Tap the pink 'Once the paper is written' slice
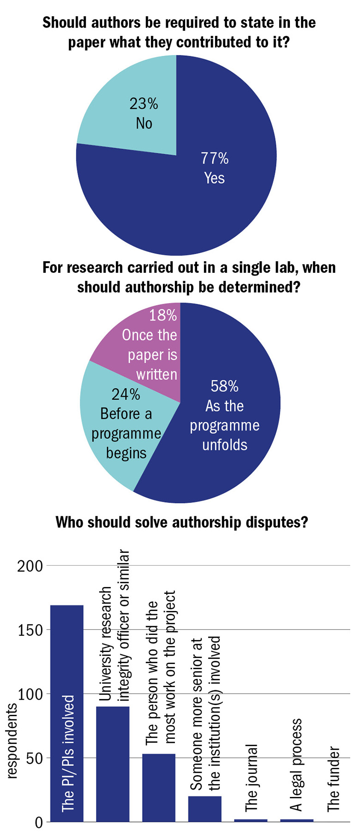pyautogui.click(x=148, y=341)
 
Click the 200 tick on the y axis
pyautogui.click(x=30, y=566)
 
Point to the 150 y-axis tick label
pyautogui.click(x=30, y=630)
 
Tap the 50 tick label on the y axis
pyautogui.click(x=34, y=758)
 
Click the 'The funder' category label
pyautogui.click(x=333, y=779)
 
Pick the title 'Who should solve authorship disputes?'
pyautogui.click(x=181, y=522)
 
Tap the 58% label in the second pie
pyautogui.click(x=224, y=386)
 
